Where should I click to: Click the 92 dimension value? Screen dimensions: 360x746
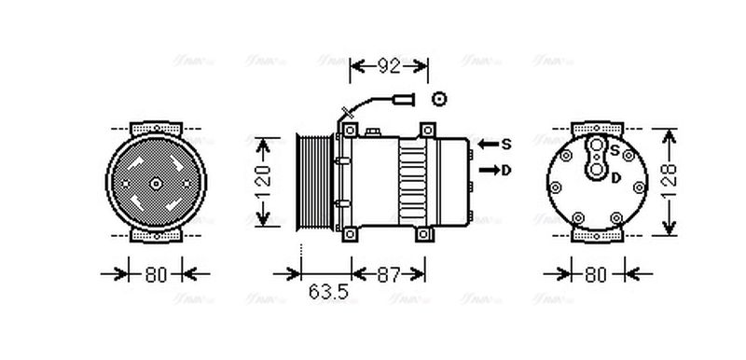pyautogui.click(x=389, y=66)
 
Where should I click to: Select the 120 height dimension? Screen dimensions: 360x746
pyautogui.click(x=265, y=181)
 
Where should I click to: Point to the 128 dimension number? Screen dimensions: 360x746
pyautogui.click(x=670, y=182)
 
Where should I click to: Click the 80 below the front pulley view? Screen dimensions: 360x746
pyautogui.click(x=156, y=275)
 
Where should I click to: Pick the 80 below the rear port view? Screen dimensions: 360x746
pyautogui.click(x=596, y=275)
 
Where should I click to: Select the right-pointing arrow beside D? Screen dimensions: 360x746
pyautogui.click(x=488, y=171)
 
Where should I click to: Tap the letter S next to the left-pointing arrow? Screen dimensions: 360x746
pyautogui.click(x=506, y=145)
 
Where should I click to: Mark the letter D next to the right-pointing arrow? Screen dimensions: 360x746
pyautogui.click(x=506, y=171)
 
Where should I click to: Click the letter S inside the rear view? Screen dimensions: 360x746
pyautogui.click(x=615, y=149)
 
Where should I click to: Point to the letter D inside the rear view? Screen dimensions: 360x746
pyautogui.click(x=616, y=177)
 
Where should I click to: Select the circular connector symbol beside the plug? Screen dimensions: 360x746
pyautogui.click(x=439, y=97)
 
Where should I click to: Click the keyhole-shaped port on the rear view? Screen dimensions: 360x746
pyautogui.click(x=596, y=159)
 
